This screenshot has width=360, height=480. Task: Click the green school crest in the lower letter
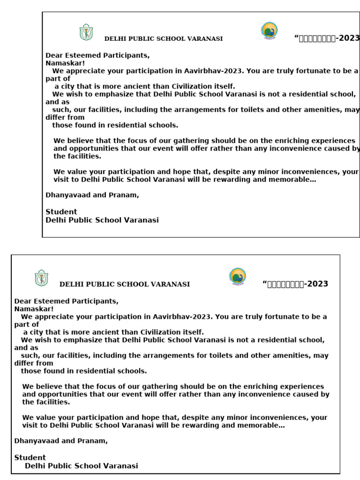point(41,278)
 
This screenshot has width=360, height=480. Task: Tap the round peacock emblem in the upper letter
point(269,31)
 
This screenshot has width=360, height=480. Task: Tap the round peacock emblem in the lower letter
point(237,276)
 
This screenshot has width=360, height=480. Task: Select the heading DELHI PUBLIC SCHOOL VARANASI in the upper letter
point(163,39)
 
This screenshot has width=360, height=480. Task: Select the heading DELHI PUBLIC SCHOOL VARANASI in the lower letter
point(125,284)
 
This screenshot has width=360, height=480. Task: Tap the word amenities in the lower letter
point(289,355)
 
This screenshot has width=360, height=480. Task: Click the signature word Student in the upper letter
point(61,212)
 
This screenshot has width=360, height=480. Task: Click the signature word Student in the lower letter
point(30,457)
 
